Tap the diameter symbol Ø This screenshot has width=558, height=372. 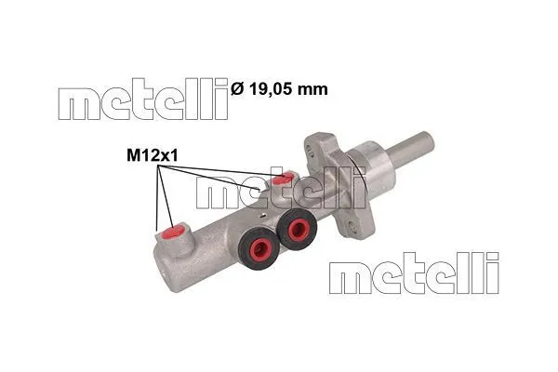coord(236,89)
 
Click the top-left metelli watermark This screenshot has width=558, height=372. coord(143,100)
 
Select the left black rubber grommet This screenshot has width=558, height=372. coord(259,247)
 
